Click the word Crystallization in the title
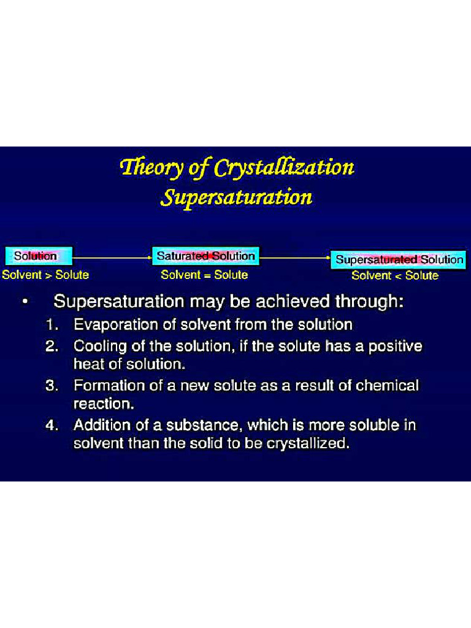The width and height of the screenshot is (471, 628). click(x=284, y=167)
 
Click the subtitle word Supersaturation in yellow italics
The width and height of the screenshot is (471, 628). click(x=236, y=197)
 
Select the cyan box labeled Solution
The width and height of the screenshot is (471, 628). click(x=39, y=256)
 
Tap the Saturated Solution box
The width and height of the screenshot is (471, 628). click(x=205, y=256)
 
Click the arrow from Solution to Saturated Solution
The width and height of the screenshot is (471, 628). click(x=112, y=256)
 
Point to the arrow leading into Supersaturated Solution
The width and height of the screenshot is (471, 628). click(x=295, y=258)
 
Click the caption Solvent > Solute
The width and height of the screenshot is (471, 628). click(x=45, y=275)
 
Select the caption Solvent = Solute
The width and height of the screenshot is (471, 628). click(x=204, y=275)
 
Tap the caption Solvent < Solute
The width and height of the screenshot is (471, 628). click(x=395, y=275)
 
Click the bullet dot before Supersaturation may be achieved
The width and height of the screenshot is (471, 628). click(x=23, y=302)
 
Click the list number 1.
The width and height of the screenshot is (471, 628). click(x=52, y=324)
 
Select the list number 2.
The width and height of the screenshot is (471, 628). click(x=52, y=347)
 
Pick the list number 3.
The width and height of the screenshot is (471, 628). click(x=52, y=386)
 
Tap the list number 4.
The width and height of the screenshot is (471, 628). click(x=52, y=425)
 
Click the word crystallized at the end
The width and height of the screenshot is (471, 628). click(x=307, y=443)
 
